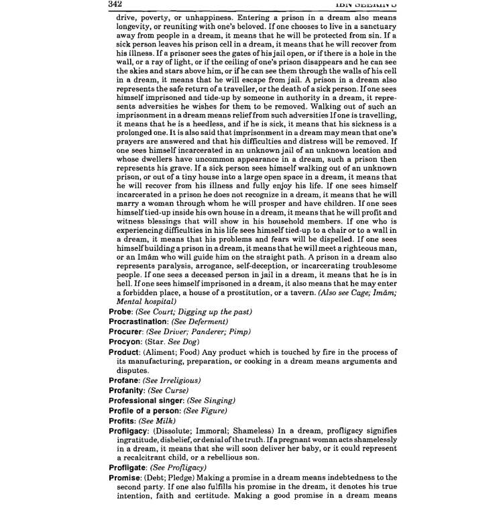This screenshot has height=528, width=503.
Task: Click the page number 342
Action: [117, 5]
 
